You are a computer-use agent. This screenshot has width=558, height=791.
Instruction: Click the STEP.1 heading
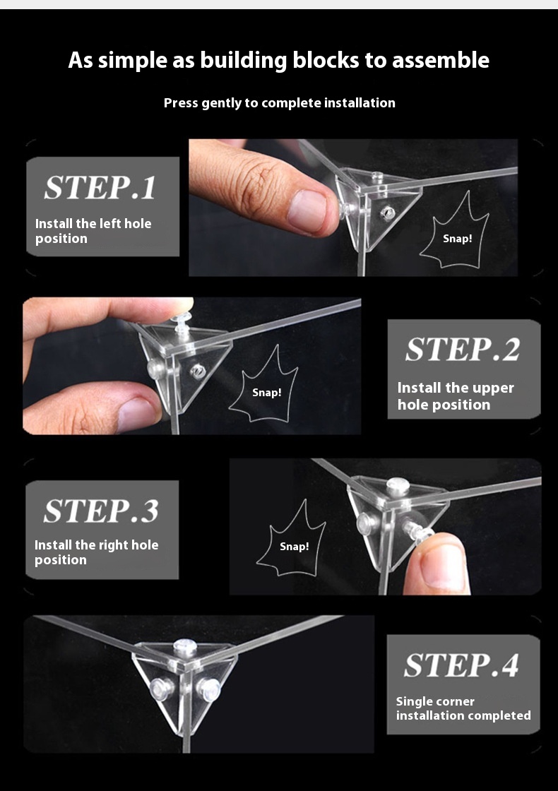pos(100,188)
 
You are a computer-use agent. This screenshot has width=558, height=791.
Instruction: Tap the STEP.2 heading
pos(463,349)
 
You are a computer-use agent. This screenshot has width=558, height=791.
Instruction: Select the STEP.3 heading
pos(101,511)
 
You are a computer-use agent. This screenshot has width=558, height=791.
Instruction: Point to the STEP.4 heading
pos(461,665)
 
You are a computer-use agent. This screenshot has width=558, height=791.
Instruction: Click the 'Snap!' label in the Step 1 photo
pos(458,238)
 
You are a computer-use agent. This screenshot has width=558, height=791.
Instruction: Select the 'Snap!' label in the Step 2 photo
pos(267,392)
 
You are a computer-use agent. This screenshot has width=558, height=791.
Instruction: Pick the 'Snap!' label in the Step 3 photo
pos(294,547)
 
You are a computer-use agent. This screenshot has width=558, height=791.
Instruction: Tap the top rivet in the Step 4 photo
pos(184,647)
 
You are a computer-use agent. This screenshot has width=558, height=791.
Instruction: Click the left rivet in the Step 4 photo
pos(162,686)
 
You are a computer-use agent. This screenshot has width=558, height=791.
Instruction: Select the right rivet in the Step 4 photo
pos(208,686)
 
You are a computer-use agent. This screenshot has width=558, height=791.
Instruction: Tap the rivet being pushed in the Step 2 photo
pos(183,319)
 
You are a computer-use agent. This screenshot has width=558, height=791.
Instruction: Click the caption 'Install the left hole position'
pos(93,231)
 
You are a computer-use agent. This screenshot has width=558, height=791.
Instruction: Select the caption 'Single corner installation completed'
pos(463,709)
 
